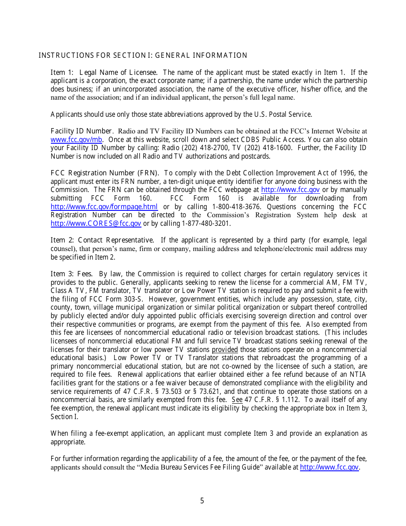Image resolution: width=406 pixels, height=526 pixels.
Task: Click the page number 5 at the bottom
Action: (202, 501)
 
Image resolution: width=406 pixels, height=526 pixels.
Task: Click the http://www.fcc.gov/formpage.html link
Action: (104, 207)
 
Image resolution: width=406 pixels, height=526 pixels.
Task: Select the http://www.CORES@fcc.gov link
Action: (96, 224)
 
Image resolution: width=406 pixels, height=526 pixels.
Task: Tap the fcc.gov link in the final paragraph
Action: (329, 467)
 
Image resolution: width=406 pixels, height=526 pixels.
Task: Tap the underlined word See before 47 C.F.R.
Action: (237, 400)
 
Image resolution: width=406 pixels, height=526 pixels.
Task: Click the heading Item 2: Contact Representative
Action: (102, 240)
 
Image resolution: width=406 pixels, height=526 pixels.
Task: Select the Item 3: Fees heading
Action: (71, 274)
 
